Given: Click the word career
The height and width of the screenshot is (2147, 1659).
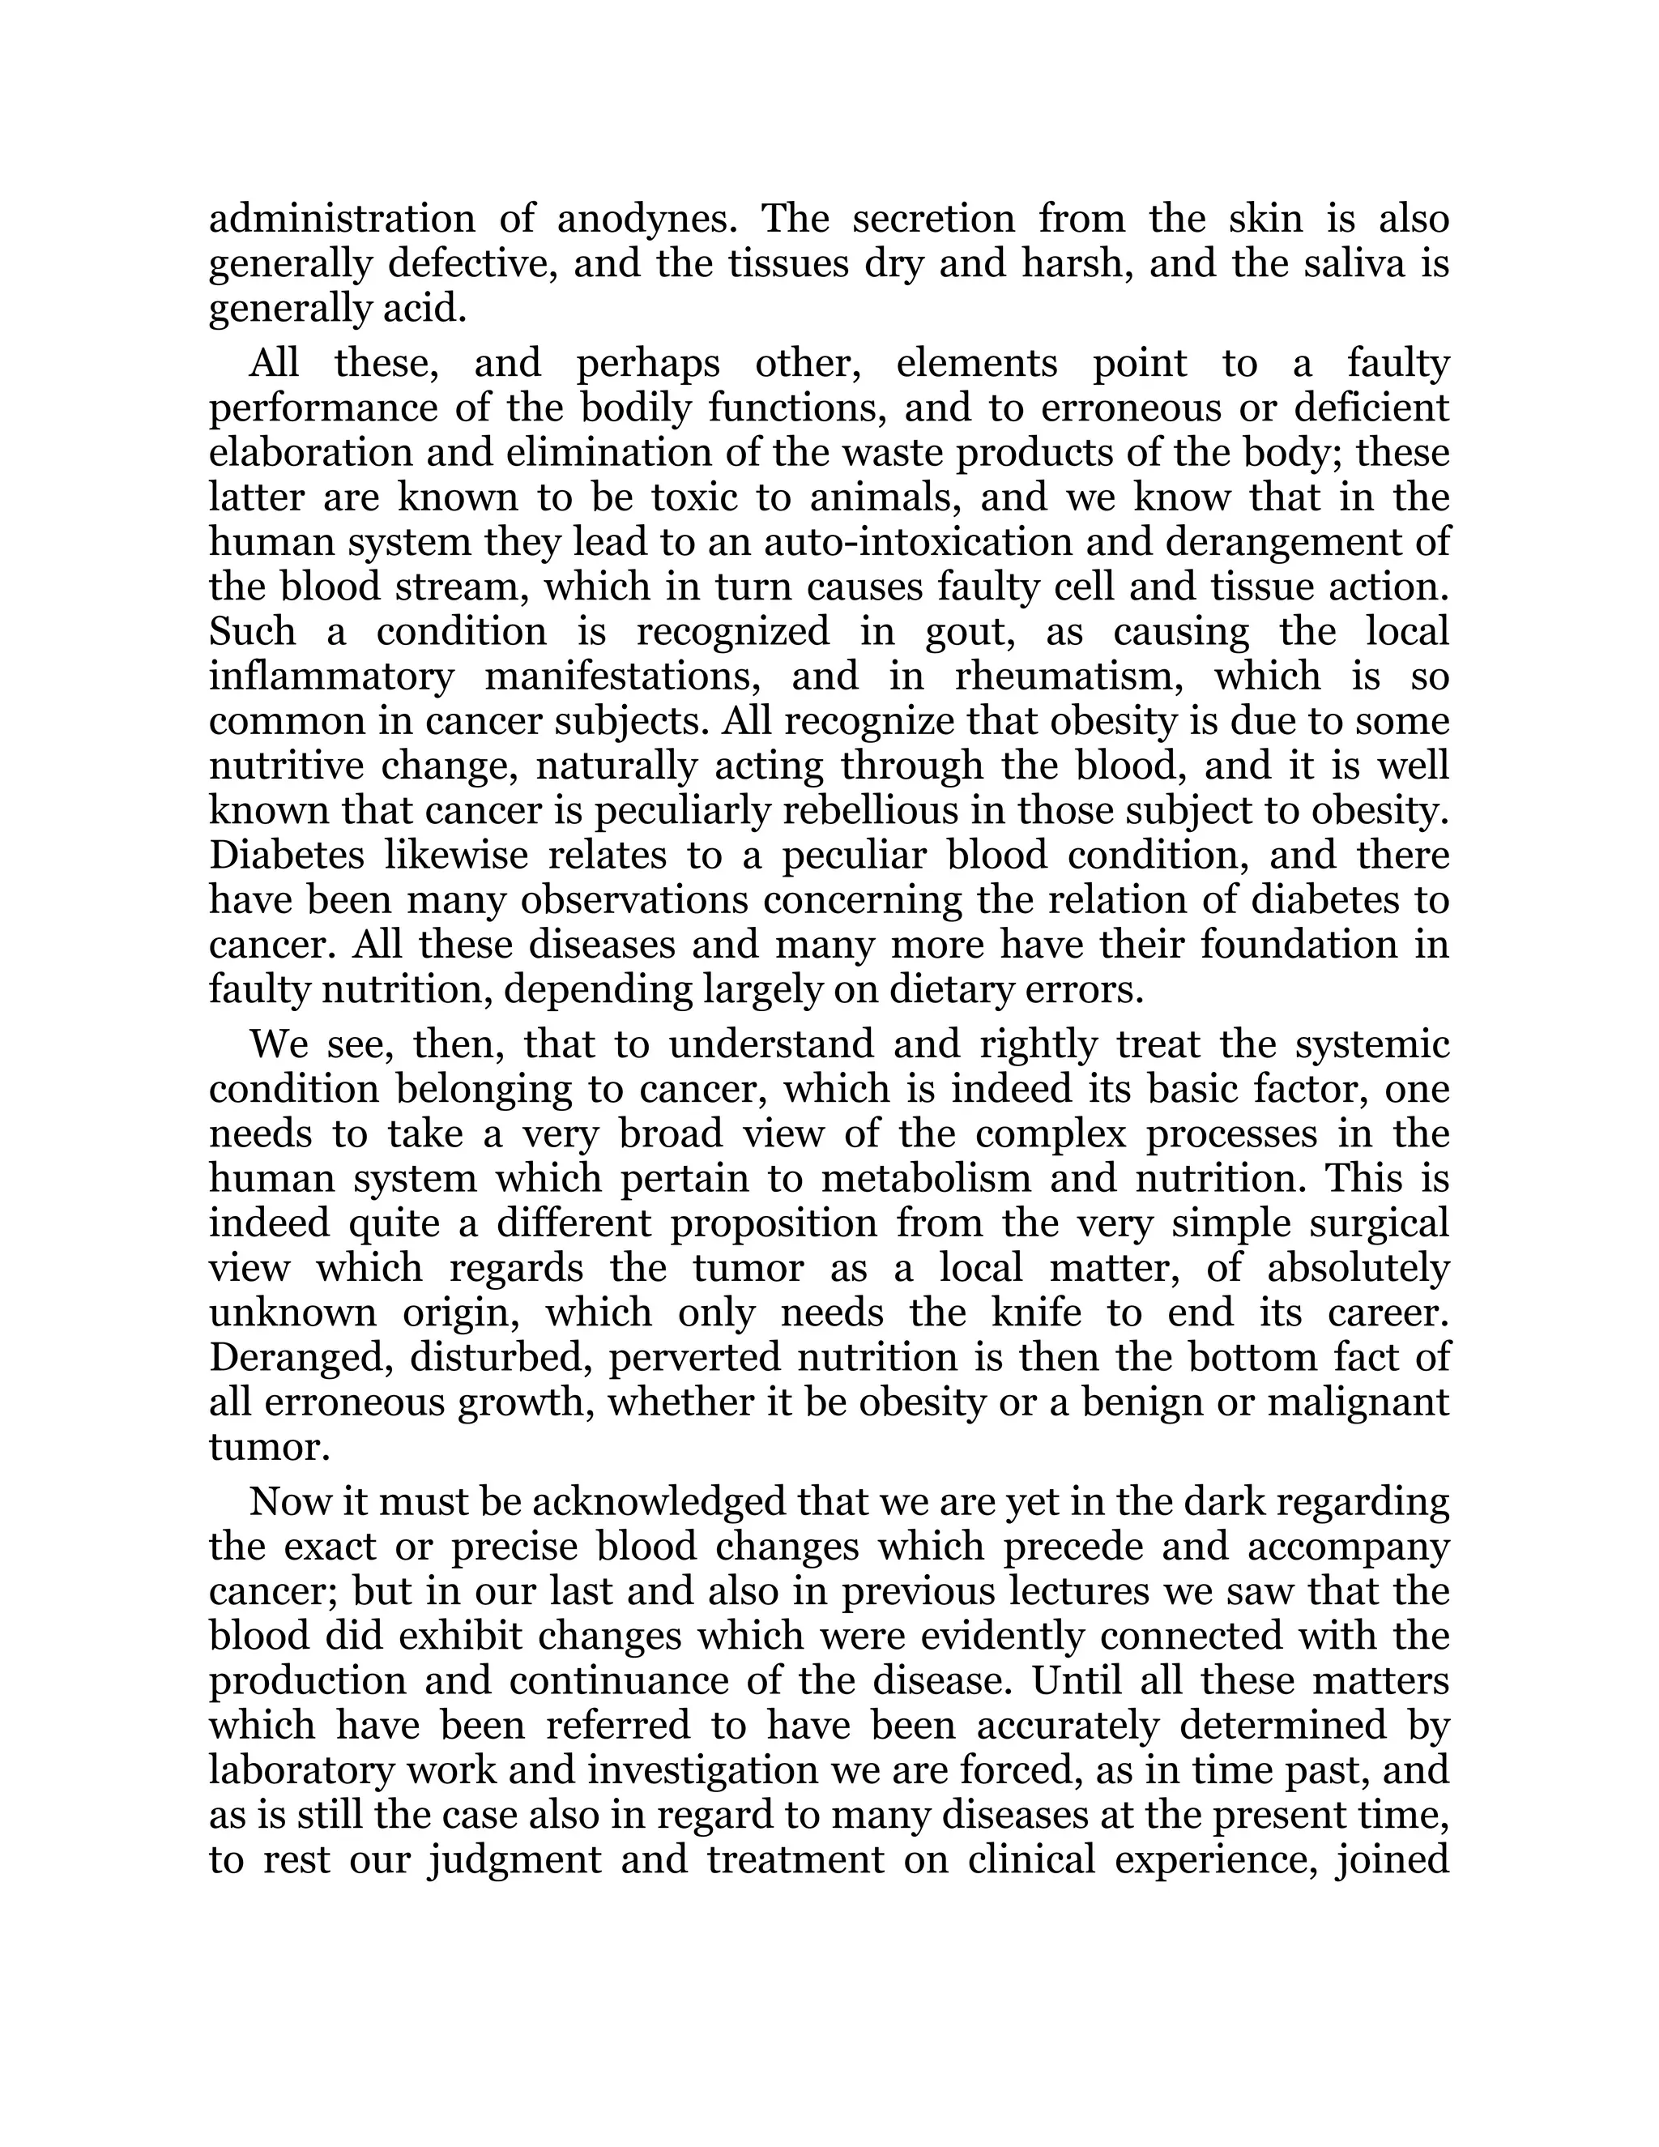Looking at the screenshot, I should [1388, 1313].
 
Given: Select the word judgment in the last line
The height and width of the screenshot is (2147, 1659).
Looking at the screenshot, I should [514, 1861].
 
